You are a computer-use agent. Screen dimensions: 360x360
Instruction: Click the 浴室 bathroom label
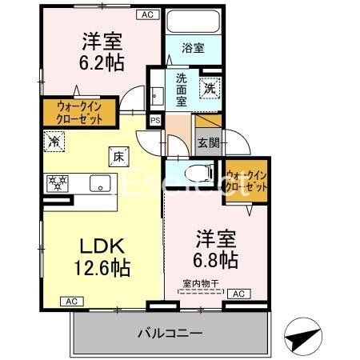click(193, 47)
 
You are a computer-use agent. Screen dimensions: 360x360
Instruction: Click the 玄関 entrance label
click(206, 144)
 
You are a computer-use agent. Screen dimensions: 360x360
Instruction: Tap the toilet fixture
click(194, 173)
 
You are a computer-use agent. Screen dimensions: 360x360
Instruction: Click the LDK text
click(98, 246)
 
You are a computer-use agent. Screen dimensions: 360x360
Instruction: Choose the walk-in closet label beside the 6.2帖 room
click(78, 109)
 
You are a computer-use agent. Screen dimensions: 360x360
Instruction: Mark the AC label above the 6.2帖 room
click(147, 14)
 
